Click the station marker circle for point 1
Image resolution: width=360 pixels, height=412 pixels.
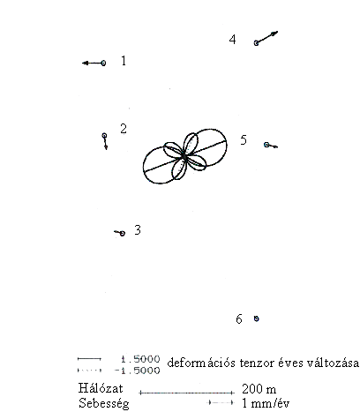click(103, 63)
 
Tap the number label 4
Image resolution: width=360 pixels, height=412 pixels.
click(233, 40)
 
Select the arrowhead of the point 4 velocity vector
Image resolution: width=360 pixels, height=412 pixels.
click(275, 33)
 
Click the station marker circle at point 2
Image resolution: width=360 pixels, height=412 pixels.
click(104, 136)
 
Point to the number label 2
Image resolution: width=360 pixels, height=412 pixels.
click(124, 129)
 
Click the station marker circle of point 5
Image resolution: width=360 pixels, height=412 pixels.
click(266, 145)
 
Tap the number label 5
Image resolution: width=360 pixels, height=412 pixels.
click(244, 140)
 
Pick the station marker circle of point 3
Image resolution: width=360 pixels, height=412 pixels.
click(123, 233)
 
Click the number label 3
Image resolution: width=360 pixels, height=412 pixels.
click(138, 229)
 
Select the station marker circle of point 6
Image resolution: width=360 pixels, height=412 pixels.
click(257, 318)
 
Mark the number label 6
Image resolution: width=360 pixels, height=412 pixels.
click(239, 319)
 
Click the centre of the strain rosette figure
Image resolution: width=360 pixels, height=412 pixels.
click(184, 156)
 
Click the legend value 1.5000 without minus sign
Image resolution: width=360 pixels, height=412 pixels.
click(140, 359)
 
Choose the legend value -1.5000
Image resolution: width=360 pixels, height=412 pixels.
click(138, 371)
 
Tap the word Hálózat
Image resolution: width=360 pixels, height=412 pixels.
click(101, 388)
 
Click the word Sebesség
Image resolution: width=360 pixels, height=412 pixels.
click(104, 403)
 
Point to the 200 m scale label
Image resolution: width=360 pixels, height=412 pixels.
click(259, 389)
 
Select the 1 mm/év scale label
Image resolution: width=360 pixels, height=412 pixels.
click(266, 403)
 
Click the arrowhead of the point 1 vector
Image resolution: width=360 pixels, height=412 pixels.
click(86, 63)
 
